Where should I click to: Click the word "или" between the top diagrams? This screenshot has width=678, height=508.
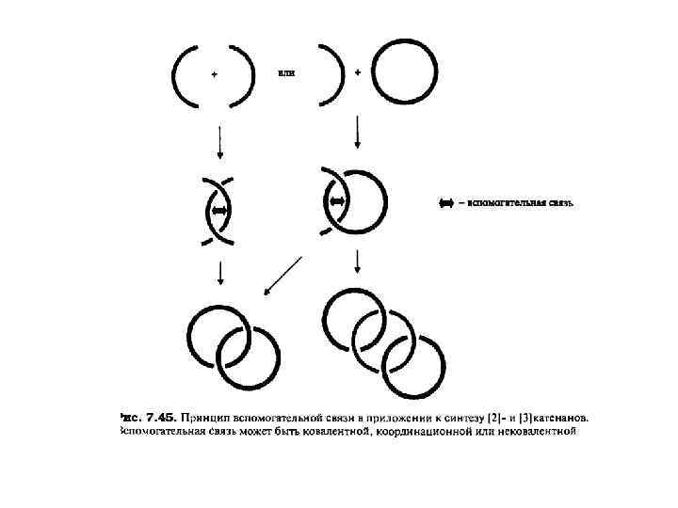point(286,71)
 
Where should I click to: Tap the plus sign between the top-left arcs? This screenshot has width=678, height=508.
point(215,74)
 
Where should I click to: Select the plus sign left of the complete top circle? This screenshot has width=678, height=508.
point(358,71)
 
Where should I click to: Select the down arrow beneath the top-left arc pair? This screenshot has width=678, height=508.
point(219,142)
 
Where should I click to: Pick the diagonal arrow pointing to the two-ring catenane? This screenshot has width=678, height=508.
point(282,275)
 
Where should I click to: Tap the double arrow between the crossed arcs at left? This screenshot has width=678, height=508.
point(220,212)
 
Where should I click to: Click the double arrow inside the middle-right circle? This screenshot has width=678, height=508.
point(337,201)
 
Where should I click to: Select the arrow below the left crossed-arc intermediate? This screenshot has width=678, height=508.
point(219,272)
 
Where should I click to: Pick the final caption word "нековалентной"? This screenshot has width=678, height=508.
point(534,431)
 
